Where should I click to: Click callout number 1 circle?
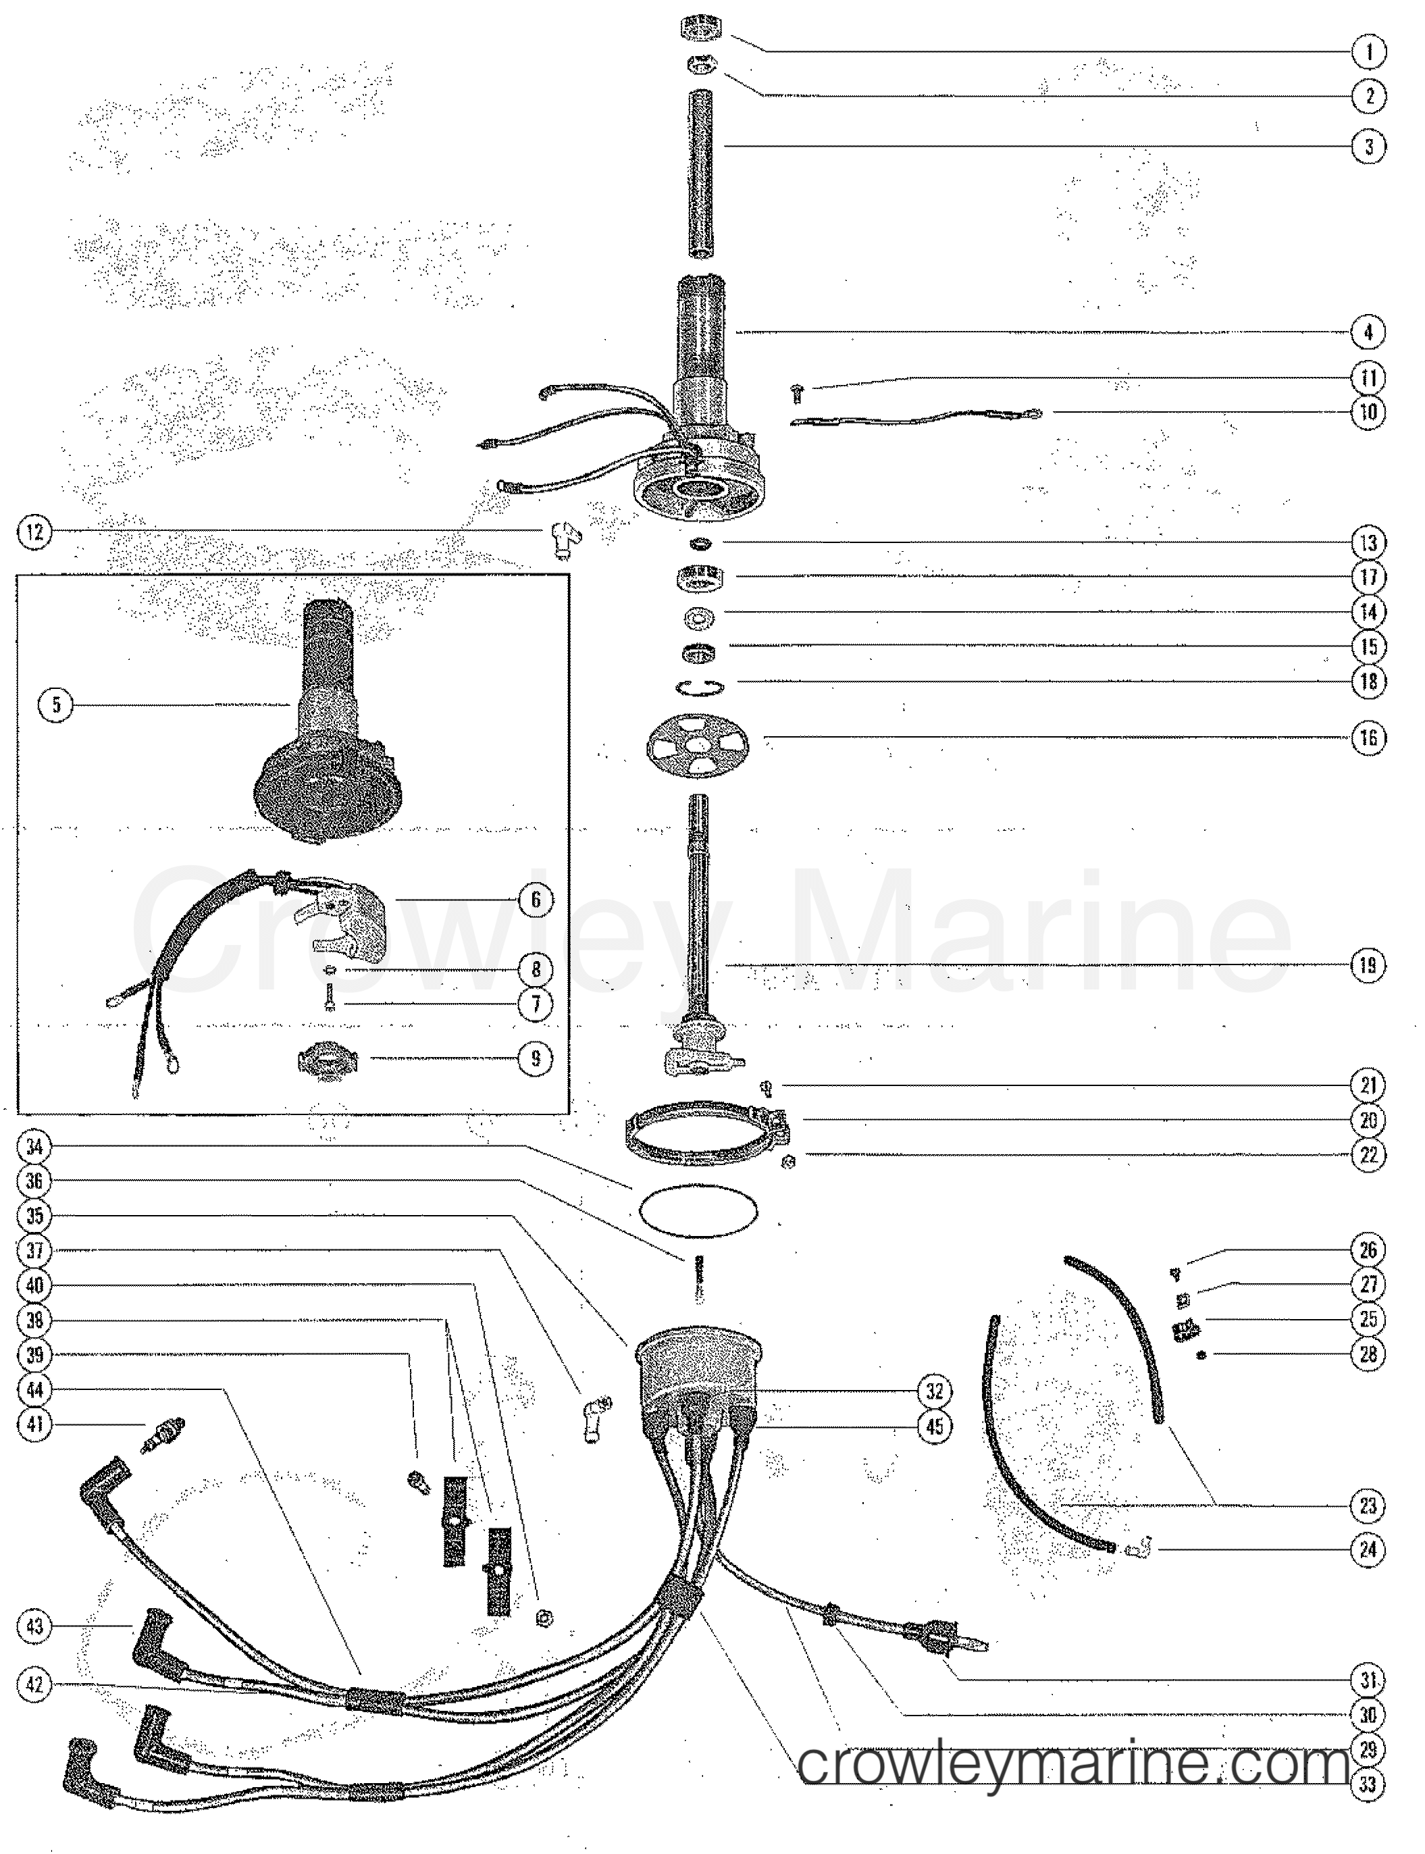pyautogui.click(x=1368, y=52)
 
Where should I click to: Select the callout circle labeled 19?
pyautogui.click(x=1368, y=964)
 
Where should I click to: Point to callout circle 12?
pyautogui.click(x=34, y=533)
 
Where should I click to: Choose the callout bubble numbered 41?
pyautogui.click(x=34, y=1424)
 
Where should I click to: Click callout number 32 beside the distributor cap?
pyautogui.click(x=934, y=1391)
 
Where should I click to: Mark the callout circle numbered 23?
pyautogui.click(x=1368, y=1506)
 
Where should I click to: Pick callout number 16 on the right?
pyautogui.click(x=1368, y=738)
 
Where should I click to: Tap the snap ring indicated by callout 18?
pyautogui.click(x=700, y=686)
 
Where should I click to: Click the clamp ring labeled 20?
pyautogui.click(x=704, y=1128)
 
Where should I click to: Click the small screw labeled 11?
pyautogui.click(x=796, y=392)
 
